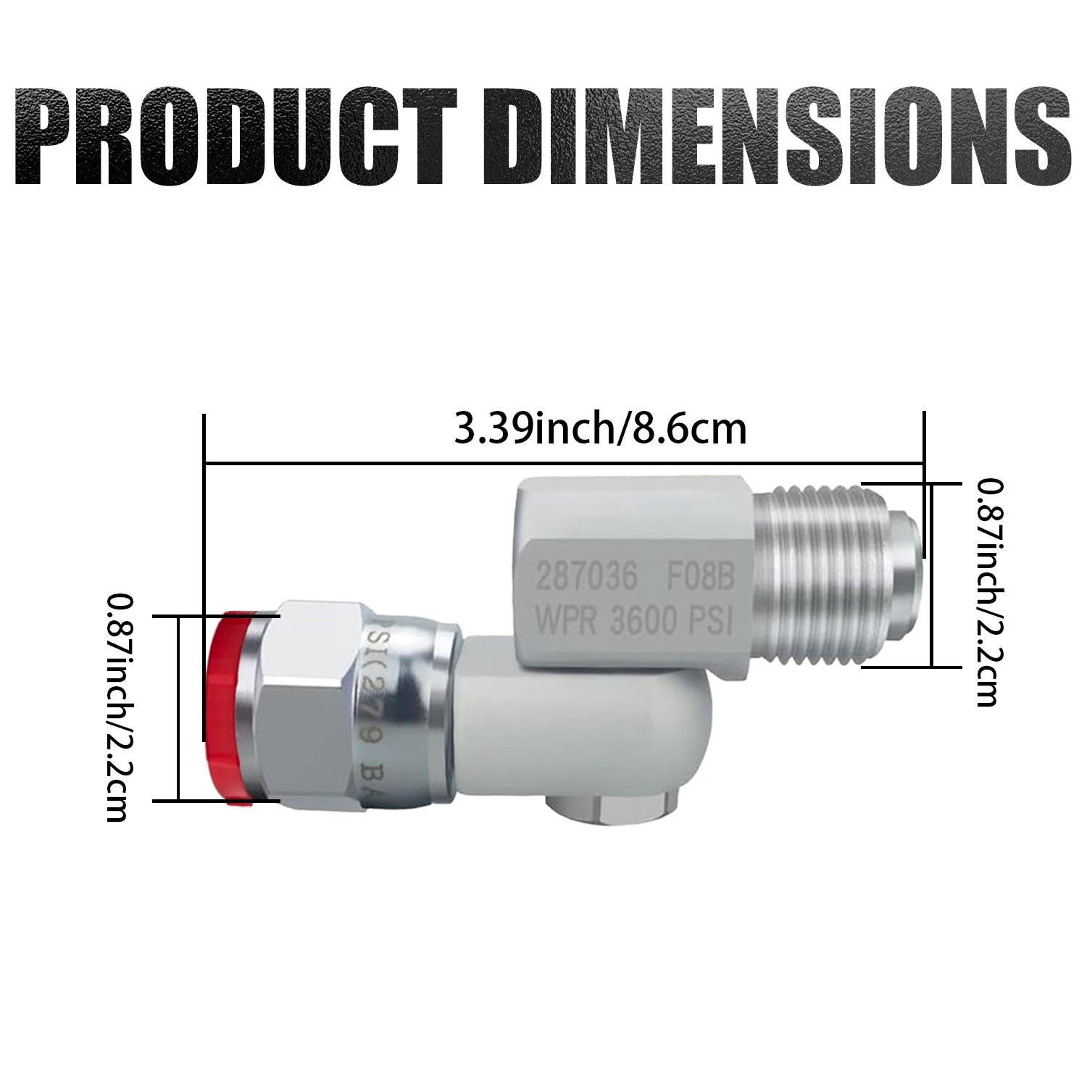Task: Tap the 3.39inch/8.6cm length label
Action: [x=600, y=429]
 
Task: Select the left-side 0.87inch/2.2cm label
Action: [x=117, y=707]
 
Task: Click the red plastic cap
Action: [x=226, y=707]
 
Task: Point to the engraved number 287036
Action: [x=586, y=578]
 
